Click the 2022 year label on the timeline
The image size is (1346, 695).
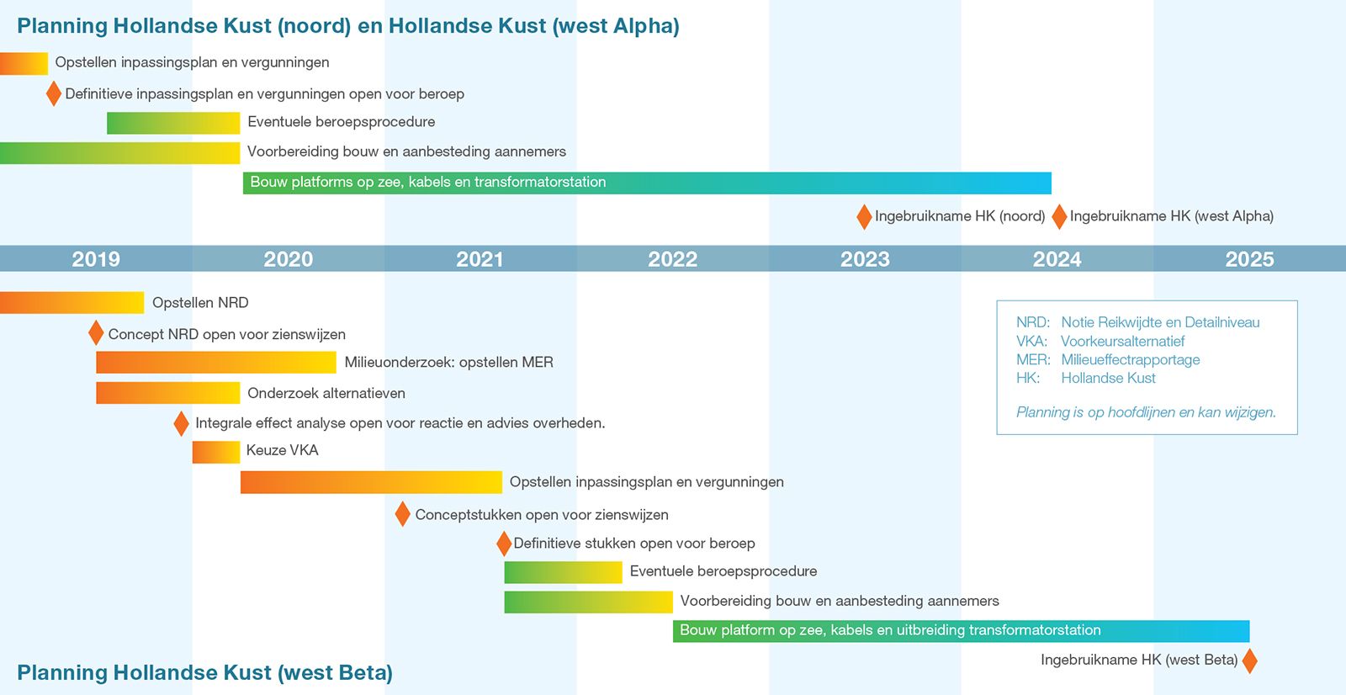tap(672, 259)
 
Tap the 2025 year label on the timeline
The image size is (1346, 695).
tap(1249, 259)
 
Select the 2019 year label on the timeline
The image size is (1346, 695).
tap(96, 259)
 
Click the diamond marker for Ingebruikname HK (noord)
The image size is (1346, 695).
tap(864, 216)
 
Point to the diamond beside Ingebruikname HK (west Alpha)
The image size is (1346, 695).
tap(1059, 216)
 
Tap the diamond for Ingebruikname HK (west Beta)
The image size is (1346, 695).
tap(1250, 661)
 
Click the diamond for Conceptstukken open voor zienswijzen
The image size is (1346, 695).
tap(403, 514)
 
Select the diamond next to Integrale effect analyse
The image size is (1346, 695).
tap(181, 423)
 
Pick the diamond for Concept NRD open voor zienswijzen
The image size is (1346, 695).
tap(96, 332)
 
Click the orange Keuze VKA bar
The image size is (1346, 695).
tap(215, 452)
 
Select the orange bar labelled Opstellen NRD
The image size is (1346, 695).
tap(72, 302)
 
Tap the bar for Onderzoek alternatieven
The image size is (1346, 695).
tap(167, 393)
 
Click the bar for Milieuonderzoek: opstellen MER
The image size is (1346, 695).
tap(215, 363)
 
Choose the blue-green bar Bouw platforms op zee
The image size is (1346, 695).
tap(647, 183)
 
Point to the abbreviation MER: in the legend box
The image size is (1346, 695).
tap(1033, 359)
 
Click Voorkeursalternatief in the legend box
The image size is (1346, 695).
tap(1122, 342)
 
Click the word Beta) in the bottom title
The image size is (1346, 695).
tap(363, 672)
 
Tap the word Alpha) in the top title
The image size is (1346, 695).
tap(647, 26)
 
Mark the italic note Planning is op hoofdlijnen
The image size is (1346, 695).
tap(1146, 412)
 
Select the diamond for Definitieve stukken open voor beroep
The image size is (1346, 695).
tap(504, 544)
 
